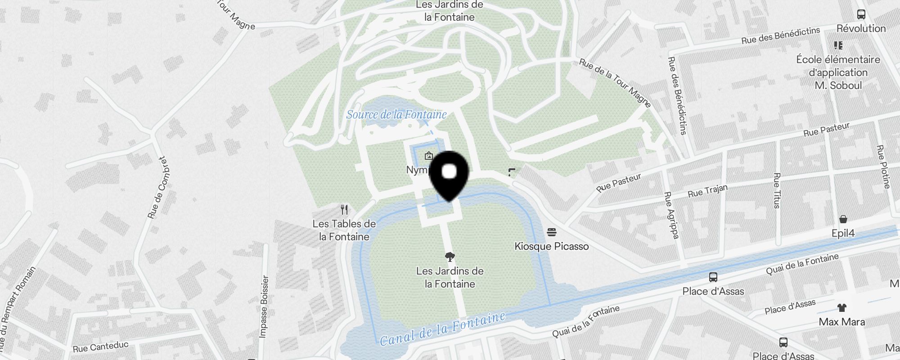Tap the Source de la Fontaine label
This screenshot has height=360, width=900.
(396, 115)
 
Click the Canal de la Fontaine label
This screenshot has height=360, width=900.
(442, 328)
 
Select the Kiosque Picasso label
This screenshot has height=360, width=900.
(551, 246)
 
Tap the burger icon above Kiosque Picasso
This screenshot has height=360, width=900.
(552, 232)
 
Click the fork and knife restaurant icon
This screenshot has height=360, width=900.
(344, 210)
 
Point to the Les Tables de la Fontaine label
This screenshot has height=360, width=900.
(344, 230)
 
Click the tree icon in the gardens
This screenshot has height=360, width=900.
(450, 257)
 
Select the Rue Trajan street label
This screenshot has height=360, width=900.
(707, 191)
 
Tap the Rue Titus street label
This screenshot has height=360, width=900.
(776, 190)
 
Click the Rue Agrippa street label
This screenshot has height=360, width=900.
(671, 215)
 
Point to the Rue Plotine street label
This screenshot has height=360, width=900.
(883, 166)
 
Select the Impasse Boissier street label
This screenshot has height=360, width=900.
(264, 306)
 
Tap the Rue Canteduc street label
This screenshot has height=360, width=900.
(100, 347)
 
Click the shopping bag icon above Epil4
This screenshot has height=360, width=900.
(843, 219)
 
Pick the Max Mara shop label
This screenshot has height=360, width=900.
(841, 322)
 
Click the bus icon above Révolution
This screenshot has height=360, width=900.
(861, 14)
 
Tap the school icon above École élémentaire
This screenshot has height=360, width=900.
(838, 45)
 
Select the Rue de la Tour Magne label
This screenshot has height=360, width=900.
(615, 83)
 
